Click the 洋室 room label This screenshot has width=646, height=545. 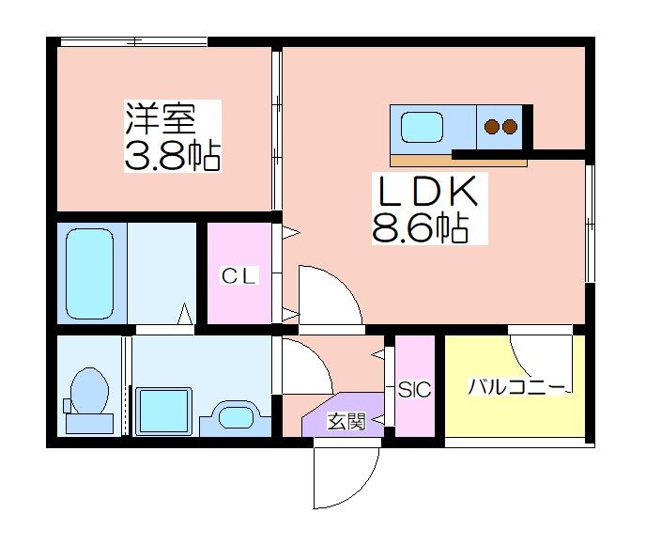161,118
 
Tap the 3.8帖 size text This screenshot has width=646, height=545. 173,156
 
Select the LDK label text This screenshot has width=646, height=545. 427,191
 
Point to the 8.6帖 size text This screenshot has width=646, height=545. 421,227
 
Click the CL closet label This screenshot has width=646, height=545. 238,276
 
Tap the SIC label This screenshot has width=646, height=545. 414,389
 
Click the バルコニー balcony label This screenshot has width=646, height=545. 515,387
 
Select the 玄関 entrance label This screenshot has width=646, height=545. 346,421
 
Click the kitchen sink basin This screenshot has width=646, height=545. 423,128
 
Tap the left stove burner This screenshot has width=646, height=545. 491,127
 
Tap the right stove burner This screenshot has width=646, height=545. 510,127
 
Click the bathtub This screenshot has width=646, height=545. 89,273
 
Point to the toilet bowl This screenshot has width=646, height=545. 89,390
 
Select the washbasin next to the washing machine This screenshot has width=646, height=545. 236,417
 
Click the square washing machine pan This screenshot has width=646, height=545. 164,411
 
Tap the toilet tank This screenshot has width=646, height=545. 89,424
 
